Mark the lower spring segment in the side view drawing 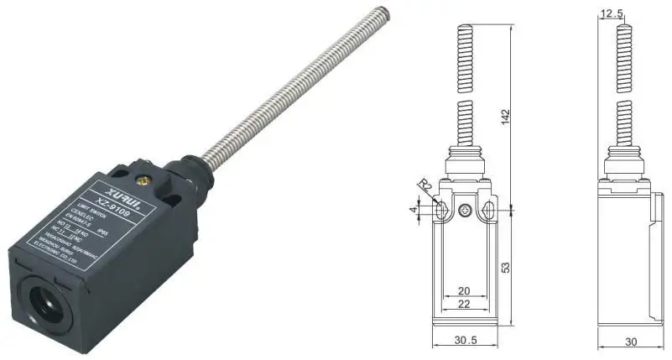pyautogui.click(x=624, y=121)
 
